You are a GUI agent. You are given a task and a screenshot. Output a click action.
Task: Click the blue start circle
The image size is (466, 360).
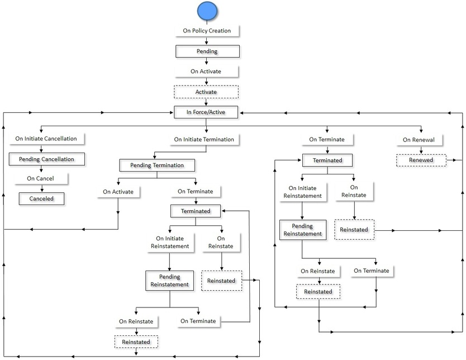coord(207,11)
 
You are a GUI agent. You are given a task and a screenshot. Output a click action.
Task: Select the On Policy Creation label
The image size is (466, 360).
coord(207,31)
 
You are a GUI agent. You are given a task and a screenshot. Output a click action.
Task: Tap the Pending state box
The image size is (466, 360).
coord(207,51)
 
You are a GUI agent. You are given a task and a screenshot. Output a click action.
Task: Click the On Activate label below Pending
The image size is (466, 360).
coord(206,72)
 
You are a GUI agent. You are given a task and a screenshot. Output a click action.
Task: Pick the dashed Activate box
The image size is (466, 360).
coord(206,92)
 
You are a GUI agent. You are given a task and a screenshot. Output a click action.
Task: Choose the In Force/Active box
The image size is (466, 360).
coord(207,112)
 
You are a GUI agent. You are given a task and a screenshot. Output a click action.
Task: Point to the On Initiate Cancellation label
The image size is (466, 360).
coord(50,139)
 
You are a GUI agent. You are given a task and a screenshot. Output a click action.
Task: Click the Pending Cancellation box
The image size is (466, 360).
coord(46,159)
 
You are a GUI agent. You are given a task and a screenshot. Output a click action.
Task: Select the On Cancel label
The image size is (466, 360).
coord(40,179)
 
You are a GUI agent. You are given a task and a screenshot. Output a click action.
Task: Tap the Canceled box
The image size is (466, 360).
coord(41,198)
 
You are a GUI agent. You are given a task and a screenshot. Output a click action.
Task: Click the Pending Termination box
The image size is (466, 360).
coord(156,165)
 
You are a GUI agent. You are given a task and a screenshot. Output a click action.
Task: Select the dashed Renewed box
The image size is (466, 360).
coord(422,160)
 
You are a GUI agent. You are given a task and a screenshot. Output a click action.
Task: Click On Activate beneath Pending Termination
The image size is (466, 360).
coord(118,192)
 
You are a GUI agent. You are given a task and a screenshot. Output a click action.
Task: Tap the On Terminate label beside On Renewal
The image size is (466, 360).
coord(327,140)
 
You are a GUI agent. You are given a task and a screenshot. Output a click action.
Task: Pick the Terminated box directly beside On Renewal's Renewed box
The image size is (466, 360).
coord(327,160)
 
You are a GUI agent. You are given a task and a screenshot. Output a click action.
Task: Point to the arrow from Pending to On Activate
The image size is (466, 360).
coord(207,61)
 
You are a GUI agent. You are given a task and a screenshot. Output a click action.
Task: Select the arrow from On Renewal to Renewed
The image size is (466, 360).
coord(422,150)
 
